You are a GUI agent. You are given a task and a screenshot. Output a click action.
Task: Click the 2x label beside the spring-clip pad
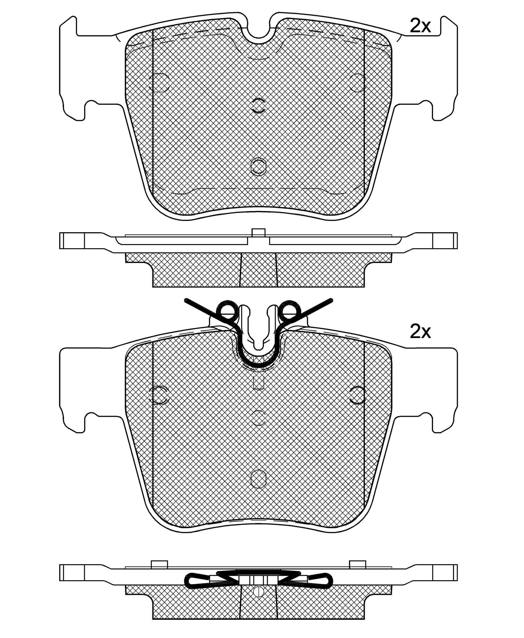tap(420, 332)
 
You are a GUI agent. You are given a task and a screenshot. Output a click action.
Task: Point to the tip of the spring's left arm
tap(186, 300)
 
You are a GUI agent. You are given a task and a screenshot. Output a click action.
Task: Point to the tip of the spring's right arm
tap(331, 300)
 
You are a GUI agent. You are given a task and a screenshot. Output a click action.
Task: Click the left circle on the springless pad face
tap(159, 82)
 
